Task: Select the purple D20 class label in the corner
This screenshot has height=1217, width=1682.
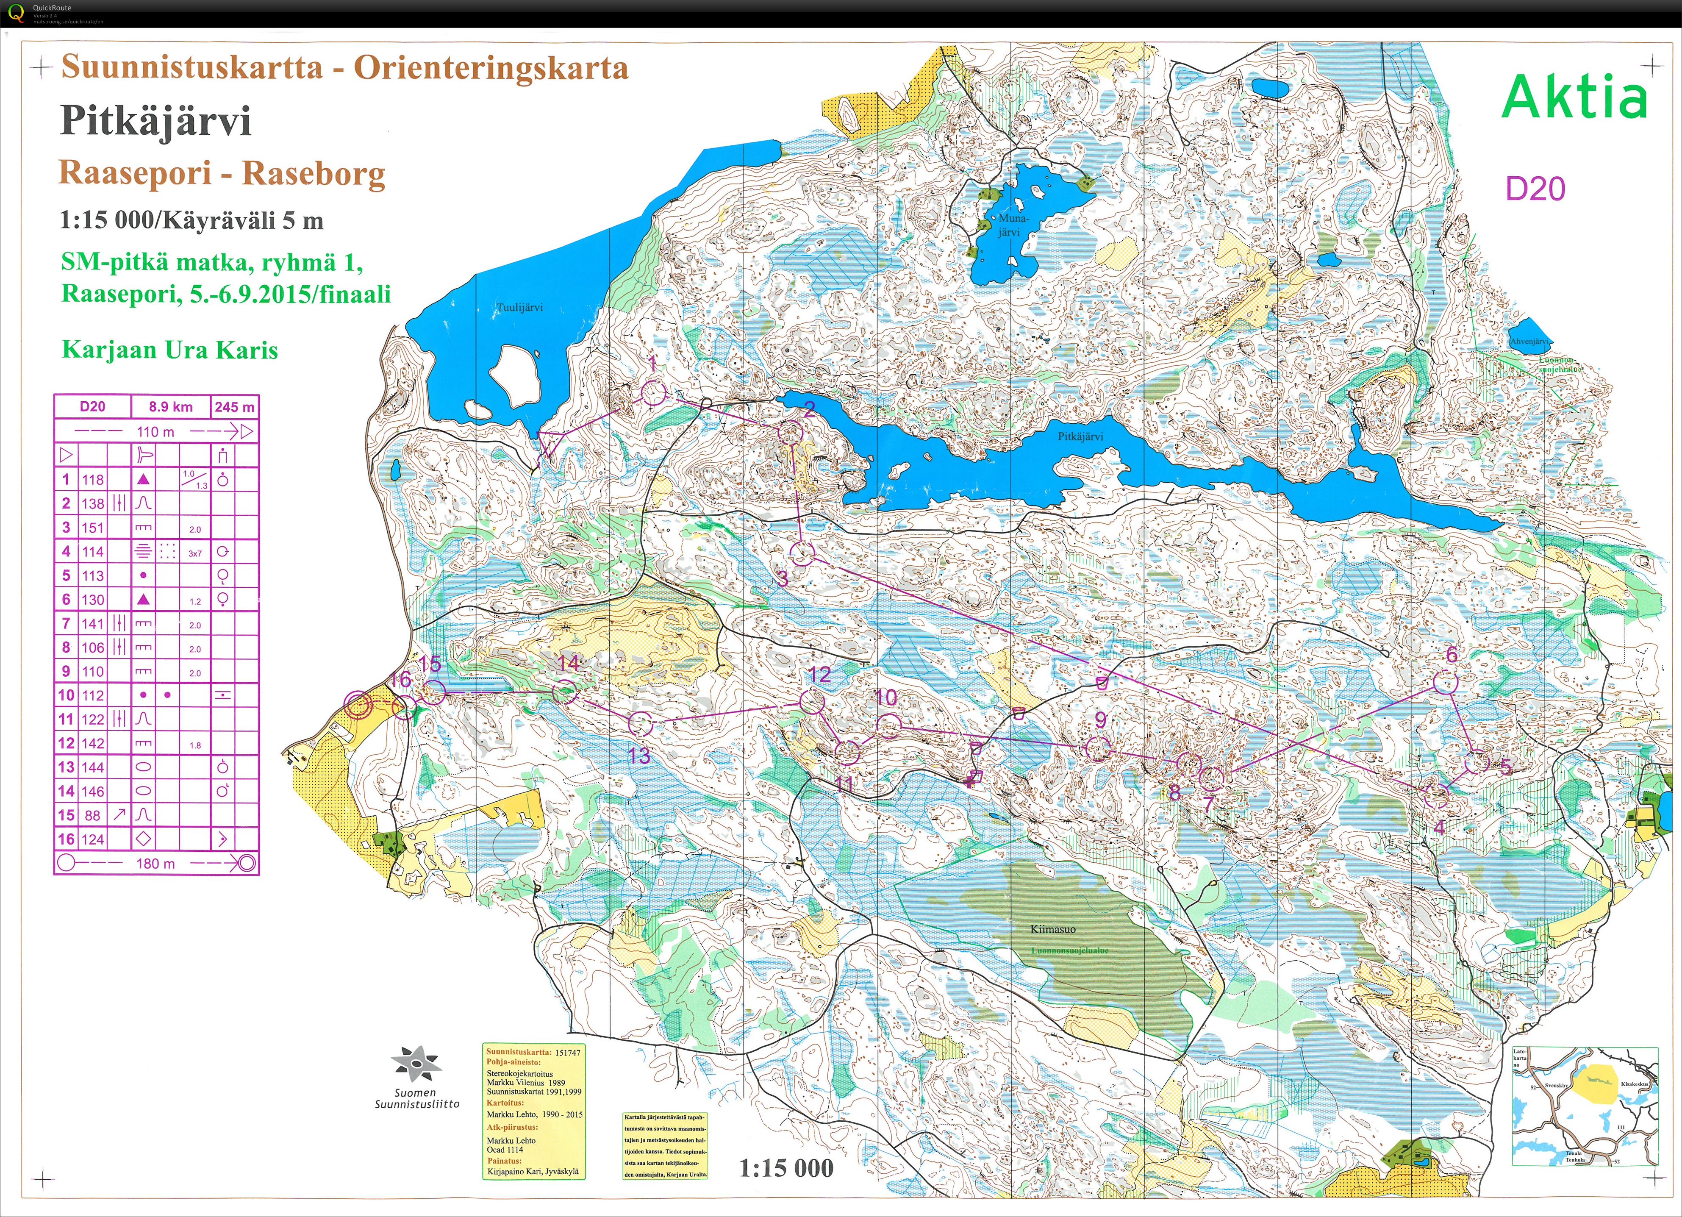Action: click(1535, 189)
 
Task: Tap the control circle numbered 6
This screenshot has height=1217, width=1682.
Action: click(1445, 681)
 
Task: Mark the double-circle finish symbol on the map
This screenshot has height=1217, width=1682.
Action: click(358, 705)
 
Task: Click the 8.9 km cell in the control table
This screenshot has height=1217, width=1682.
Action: click(171, 406)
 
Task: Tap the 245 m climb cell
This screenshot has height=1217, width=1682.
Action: click(234, 406)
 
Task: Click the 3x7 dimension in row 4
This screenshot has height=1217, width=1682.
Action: click(195, 553)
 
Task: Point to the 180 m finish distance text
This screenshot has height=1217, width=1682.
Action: click(156, 863)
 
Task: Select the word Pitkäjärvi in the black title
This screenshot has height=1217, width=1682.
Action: click(156, 121)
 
